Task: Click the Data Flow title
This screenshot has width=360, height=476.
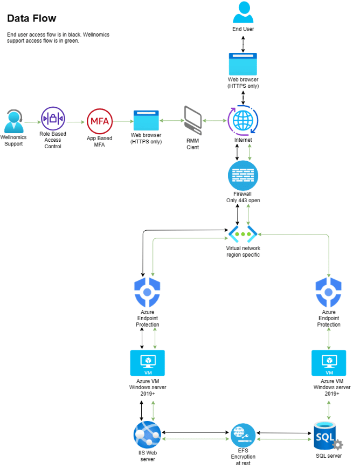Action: [x=31, y=18]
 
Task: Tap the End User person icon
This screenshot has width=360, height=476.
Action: [x=243, y=12]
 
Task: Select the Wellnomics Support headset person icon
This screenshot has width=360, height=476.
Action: [x=13, y=121]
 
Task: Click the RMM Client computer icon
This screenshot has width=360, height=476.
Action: [x=193, y=120]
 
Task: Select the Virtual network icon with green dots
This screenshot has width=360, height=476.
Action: [x=243, y=234]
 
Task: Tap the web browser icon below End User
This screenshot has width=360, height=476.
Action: [x=243, y=64]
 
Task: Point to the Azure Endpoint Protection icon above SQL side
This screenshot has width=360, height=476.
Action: [x=329, y=291]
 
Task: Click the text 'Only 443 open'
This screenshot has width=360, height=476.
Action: [x=243, y=201]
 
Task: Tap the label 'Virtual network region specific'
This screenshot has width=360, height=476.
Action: [x=243, y=252]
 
